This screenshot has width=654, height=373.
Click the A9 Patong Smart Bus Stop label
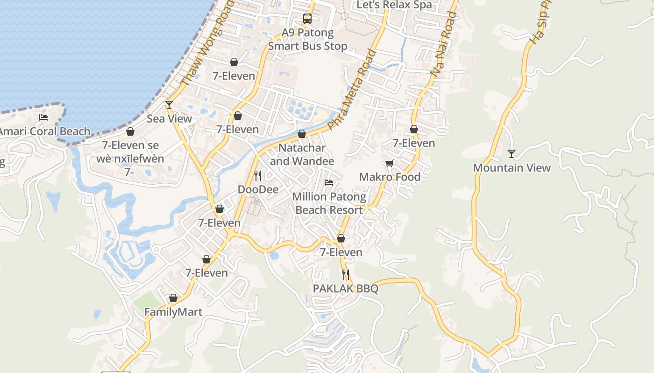[307, 40]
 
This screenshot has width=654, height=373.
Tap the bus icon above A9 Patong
[307, 19]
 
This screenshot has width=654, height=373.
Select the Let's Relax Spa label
[394, 5]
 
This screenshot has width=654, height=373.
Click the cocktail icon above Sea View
[169, 105]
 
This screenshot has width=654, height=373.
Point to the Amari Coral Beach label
[44, 131]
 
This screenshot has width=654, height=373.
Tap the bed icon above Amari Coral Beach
[43, 117]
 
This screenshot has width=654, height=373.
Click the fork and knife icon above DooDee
[258, 176]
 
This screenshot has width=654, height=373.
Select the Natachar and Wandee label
[302, 154]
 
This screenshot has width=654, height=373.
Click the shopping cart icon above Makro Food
[389, 163]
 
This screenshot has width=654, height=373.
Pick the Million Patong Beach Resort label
[329, 203]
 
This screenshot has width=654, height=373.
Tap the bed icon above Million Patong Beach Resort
[329, 183]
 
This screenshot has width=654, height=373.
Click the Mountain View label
[512, 168]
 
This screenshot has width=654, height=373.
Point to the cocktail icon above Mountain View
[512, 153]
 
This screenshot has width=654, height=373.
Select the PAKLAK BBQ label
[345, 289]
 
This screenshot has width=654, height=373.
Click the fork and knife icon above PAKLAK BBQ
[345, 274]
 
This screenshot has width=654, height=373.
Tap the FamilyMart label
[173, 312]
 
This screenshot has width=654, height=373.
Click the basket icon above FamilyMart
[173, 298]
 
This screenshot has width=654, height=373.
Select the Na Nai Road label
[443, 44]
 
